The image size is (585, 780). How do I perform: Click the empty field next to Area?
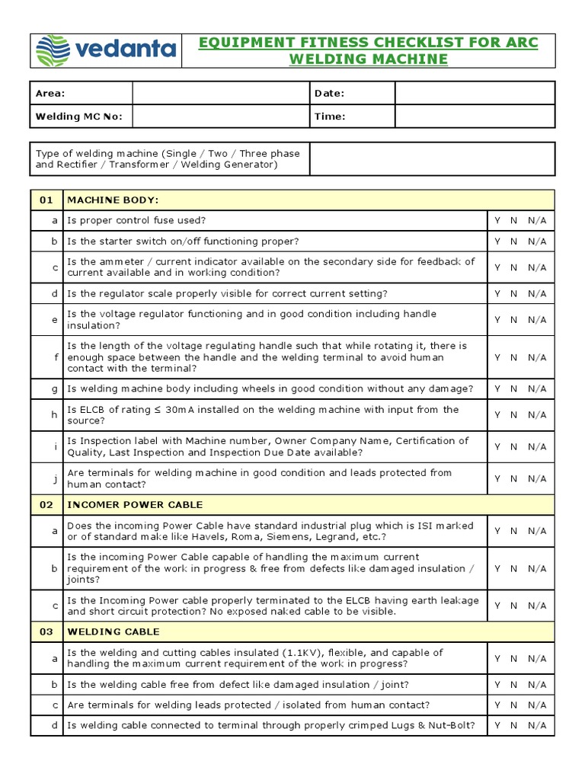click(x=220, y=93)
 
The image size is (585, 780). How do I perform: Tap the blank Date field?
click(x=475, y=93)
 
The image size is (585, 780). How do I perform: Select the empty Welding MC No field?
click(x=220, y=117)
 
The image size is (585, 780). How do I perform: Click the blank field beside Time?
click(x=475, y=117)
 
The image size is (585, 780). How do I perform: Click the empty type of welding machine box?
click(x=433, y=158)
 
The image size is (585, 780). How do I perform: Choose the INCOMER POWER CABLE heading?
click(x=135, y=504)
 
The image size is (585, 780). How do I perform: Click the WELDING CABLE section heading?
click(x=113, y=631)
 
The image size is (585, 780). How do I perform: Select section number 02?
click(x=46, y=504)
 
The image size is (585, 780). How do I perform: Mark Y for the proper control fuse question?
click(x=497, y=220)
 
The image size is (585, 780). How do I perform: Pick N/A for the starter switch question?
click(x=537, y=241)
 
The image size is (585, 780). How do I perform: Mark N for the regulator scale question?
click(x=514, y=293)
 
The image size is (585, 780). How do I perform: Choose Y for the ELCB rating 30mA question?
click(x=497, y=415)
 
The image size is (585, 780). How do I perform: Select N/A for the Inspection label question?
click(x=537, y=446)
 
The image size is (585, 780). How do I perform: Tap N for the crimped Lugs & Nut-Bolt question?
click(x=514, y=725)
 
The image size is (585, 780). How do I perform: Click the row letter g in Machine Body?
click(x=54, y=388)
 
